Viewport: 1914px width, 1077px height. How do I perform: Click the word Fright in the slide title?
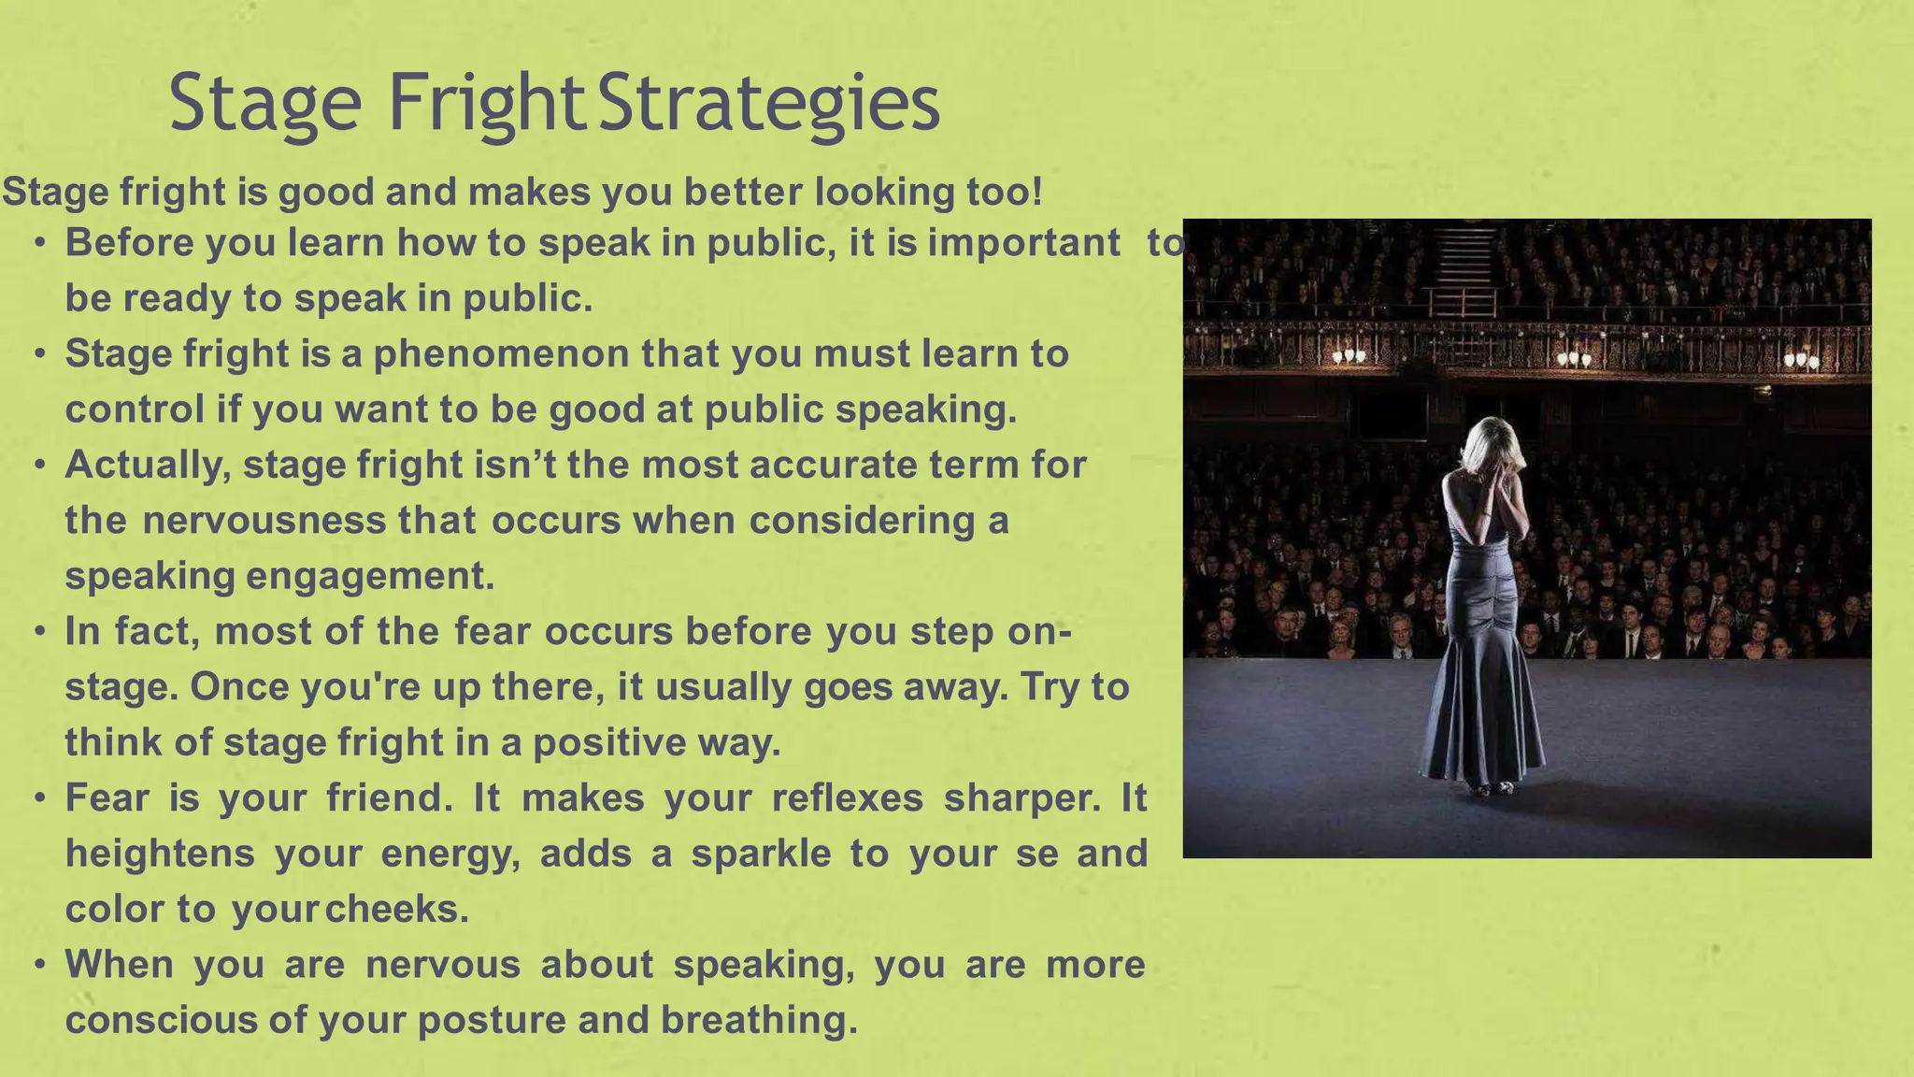point(486,103)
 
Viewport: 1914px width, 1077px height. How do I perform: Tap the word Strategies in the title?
point(768,103)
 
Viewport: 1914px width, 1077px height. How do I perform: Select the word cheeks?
point(397,909)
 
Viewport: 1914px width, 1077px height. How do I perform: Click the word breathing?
point(759,1020)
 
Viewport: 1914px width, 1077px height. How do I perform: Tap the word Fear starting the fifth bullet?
point(107,798)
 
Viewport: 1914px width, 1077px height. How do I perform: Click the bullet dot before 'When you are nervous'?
point(39,965)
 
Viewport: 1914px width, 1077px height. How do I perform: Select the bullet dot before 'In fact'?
point(39,632)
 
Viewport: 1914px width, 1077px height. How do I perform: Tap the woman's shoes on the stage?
point(1493,787)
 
